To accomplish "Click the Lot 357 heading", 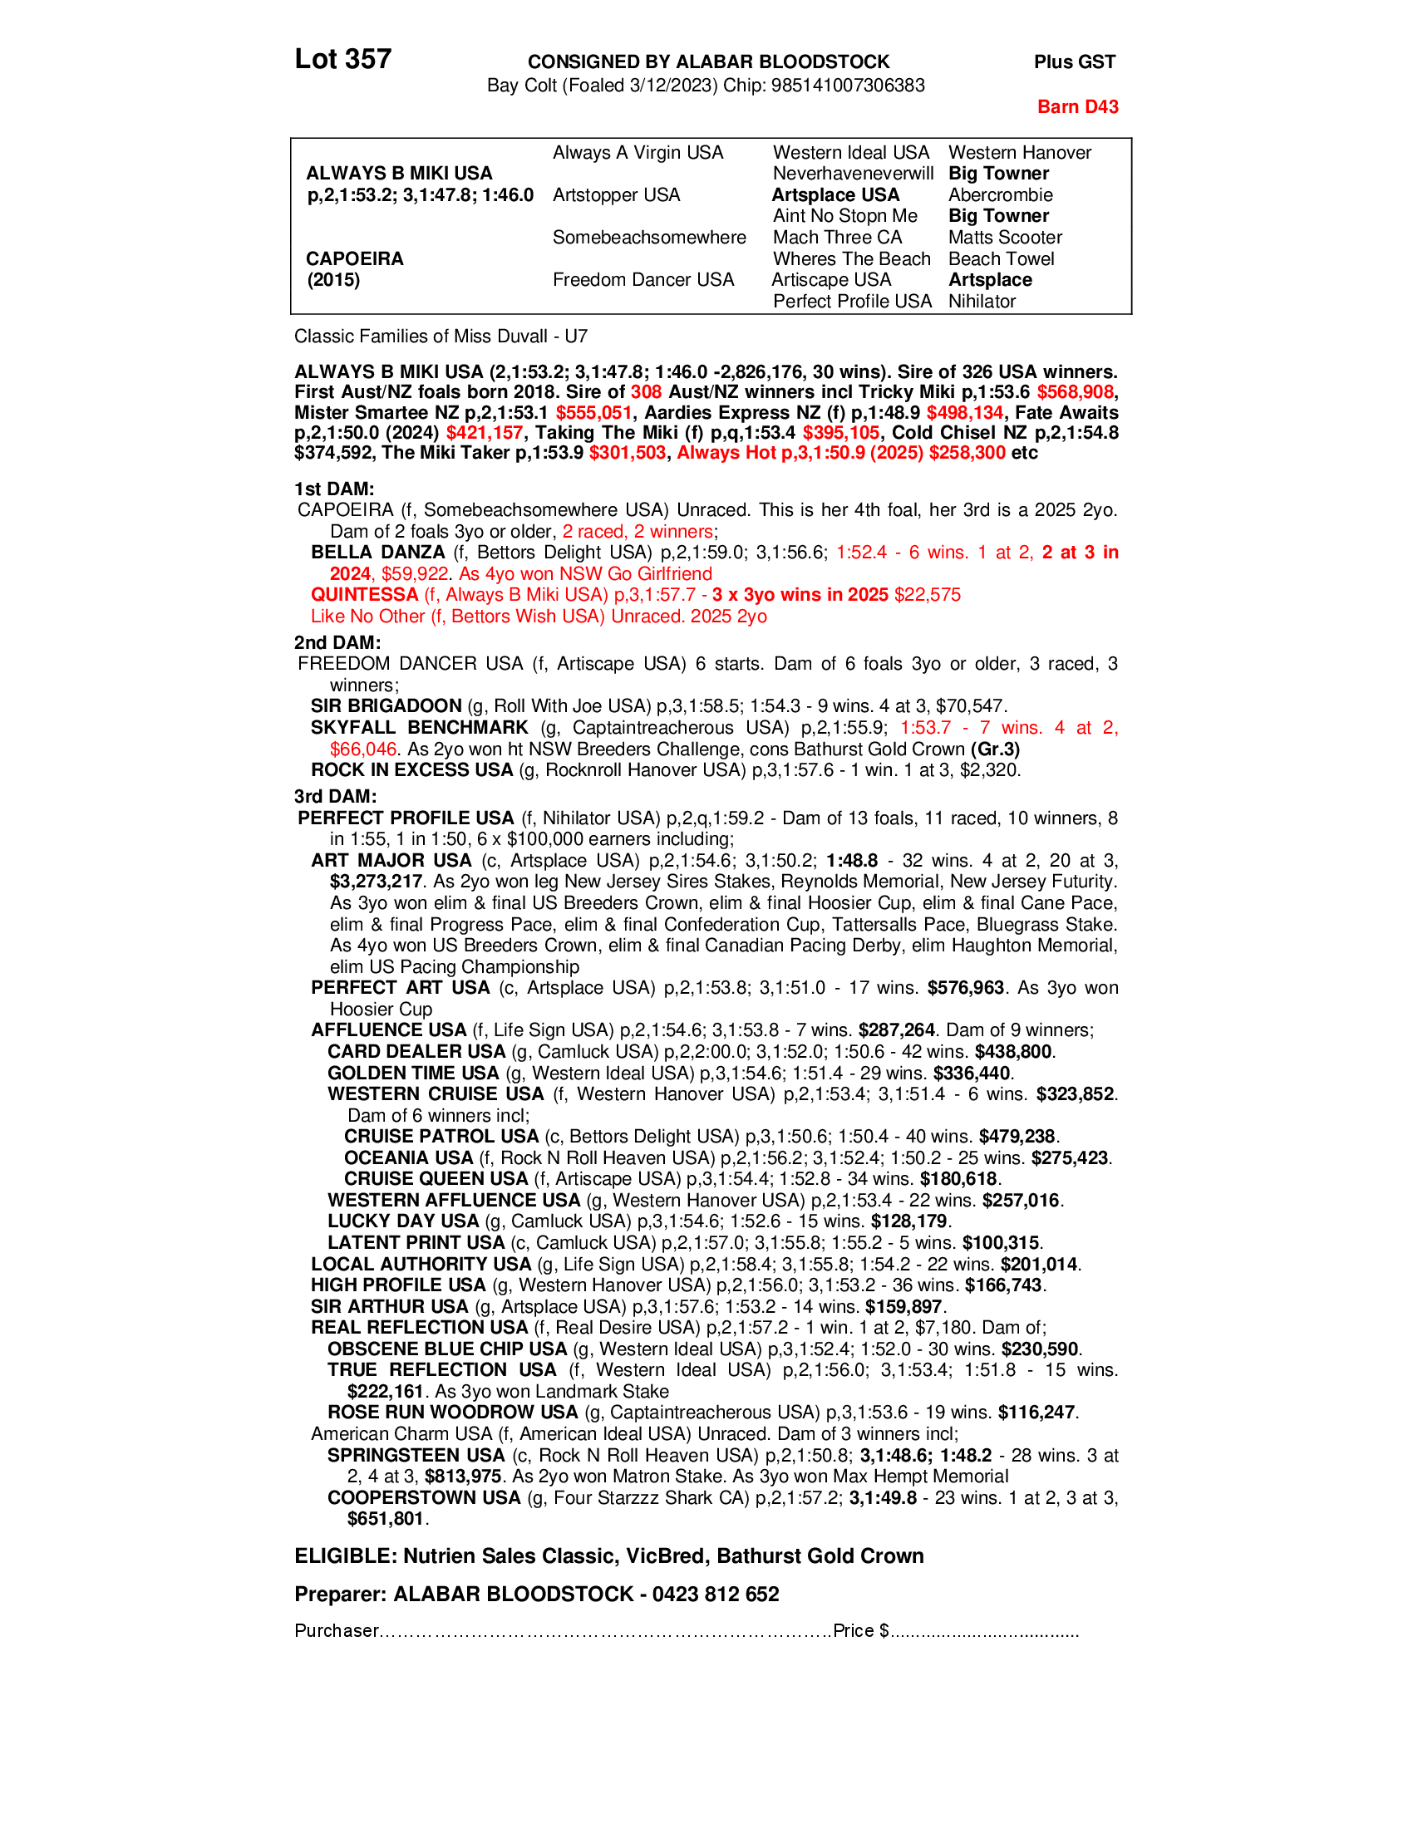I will (x=342, y=60).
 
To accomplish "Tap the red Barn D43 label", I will (x=1076, y=106).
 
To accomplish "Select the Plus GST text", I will (x=1074, y=62).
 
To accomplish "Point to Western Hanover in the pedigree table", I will (x=1019, y=152).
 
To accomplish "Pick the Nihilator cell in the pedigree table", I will (x=981, y=302).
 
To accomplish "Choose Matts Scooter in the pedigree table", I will (x=1005, y=238).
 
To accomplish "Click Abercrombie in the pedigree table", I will (x=999, y=195).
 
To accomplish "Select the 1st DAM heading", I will (x=333, y=489).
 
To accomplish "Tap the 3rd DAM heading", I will (x=334, y=796).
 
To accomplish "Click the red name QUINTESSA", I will (x=364, y=595).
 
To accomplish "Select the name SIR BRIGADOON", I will (x=386, y=706).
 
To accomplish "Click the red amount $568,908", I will (x=1075, y=392).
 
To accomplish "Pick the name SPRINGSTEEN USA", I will (x=416, y=1456).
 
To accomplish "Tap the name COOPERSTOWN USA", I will (x=424, y=1497).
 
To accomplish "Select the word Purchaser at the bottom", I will (x=337, y=1630).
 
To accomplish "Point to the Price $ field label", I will (x=860, y=1630).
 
